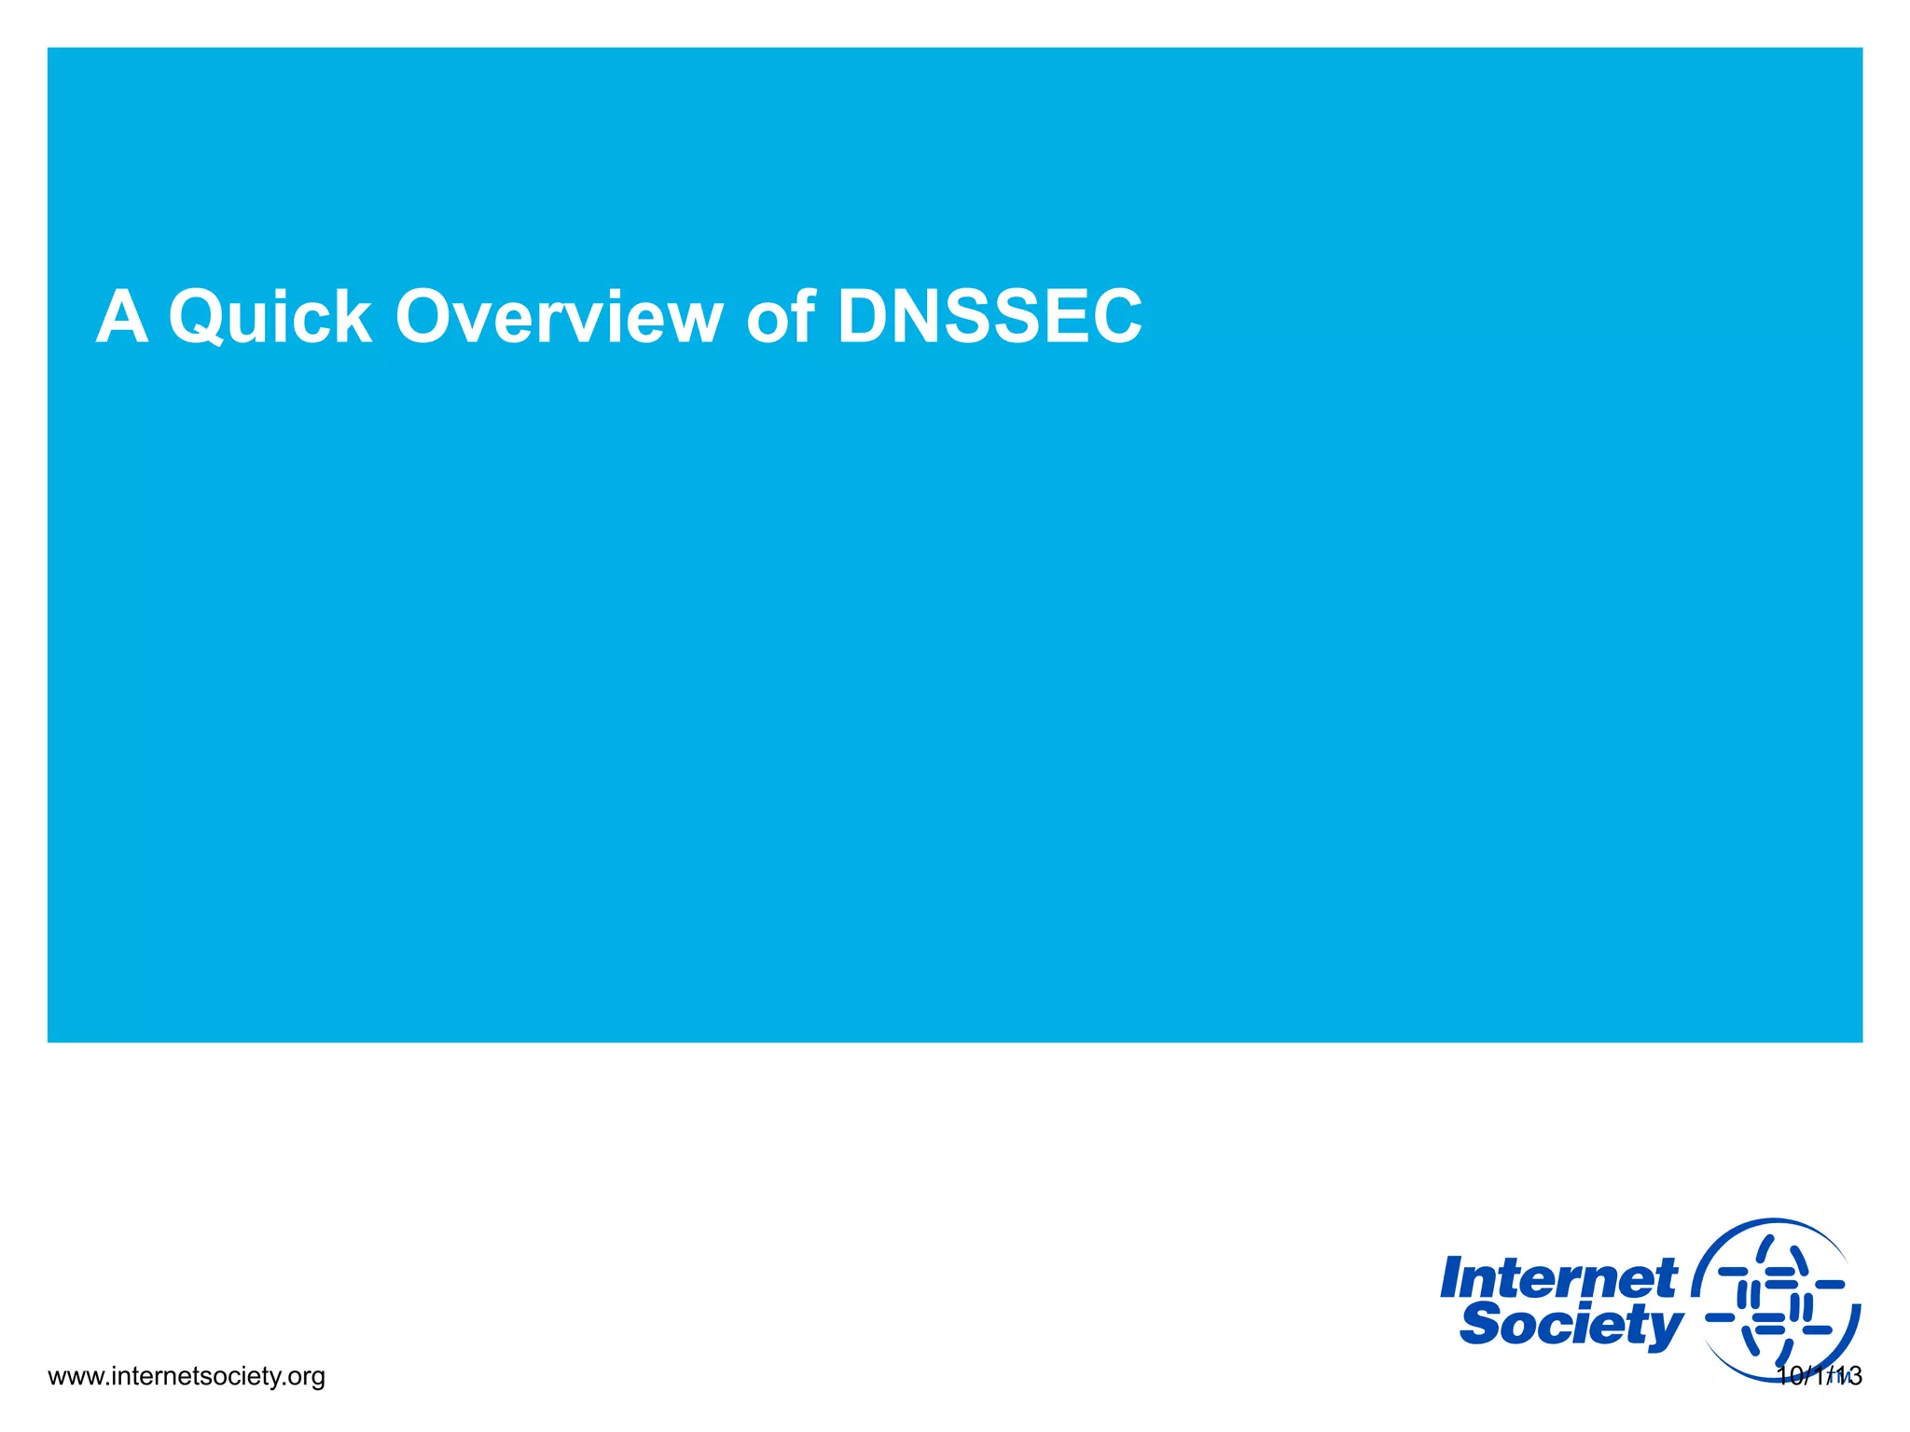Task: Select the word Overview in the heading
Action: [x=559, y=318]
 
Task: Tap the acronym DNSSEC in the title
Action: [x=990, y=318]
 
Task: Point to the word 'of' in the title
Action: [x=782, y=318]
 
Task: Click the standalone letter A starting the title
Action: [x=122, y=318]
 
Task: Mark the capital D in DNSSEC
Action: [x=865, y=318]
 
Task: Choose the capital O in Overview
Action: [x=427, y=318]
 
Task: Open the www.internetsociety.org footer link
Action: [x=186, y=1376]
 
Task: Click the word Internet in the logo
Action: [x=1557, y=1279]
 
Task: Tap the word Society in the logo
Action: [x=1571, y=1325]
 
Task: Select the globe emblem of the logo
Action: [x=1775, y=1301]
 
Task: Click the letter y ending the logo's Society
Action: [x=1666, y=1329]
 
